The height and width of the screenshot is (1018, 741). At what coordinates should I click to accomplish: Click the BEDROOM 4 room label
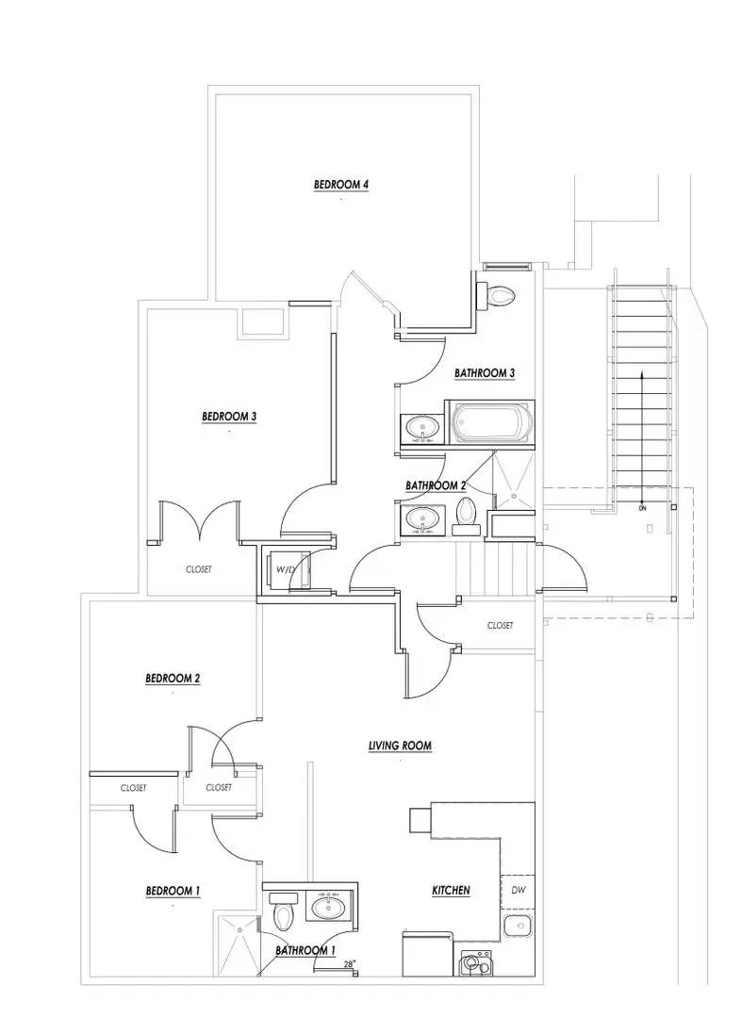point(340,185)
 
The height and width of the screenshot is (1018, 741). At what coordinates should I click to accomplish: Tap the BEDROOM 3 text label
point(229,416)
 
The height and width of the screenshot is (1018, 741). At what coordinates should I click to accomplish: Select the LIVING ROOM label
point(400,746)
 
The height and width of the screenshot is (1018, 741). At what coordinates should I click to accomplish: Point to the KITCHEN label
point(451,890)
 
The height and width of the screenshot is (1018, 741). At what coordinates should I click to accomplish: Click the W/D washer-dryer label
point(286,569)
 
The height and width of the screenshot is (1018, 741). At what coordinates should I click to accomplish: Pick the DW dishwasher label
point(518,890)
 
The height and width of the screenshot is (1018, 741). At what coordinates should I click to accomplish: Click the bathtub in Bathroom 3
point(490,423)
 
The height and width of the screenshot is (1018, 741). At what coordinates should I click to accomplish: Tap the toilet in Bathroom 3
point(500,296)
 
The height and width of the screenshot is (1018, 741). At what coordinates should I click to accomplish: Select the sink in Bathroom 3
point(421,429)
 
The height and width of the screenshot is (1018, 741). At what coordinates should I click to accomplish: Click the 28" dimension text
point(350,964)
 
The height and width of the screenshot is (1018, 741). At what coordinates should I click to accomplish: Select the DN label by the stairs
point(642,508)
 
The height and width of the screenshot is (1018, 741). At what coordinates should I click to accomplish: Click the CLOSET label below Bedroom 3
point(198,569)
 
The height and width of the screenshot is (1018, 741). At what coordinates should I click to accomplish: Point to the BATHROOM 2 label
point(436,485)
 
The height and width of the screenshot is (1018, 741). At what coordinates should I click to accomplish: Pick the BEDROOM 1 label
point(173,891)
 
